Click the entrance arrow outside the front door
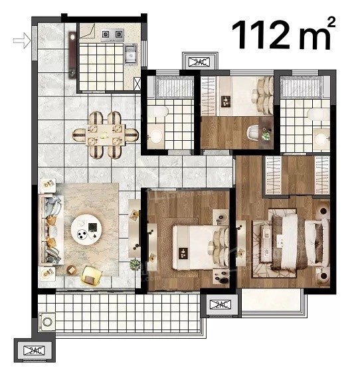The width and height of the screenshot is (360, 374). (22, 41)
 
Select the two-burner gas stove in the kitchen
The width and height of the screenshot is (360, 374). (112, 35)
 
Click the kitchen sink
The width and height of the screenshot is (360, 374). (131, 54)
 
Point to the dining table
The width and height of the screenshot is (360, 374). (106, 135)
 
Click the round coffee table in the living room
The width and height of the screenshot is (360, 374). (86, 229)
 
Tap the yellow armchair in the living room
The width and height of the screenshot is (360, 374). (92, 276)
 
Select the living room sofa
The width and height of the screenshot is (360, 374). (51, 229)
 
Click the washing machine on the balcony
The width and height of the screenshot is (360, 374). (47, 322)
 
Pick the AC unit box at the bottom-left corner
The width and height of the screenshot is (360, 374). (34, 350)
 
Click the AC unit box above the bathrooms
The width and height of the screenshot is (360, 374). (201, 62)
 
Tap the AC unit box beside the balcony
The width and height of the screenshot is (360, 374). (220, 304)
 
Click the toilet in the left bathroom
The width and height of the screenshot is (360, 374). (159, 112)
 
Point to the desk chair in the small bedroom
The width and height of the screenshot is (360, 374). (252, 132)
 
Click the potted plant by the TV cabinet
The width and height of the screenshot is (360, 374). (135, 264)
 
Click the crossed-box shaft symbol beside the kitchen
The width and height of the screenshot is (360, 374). (137, 84)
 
